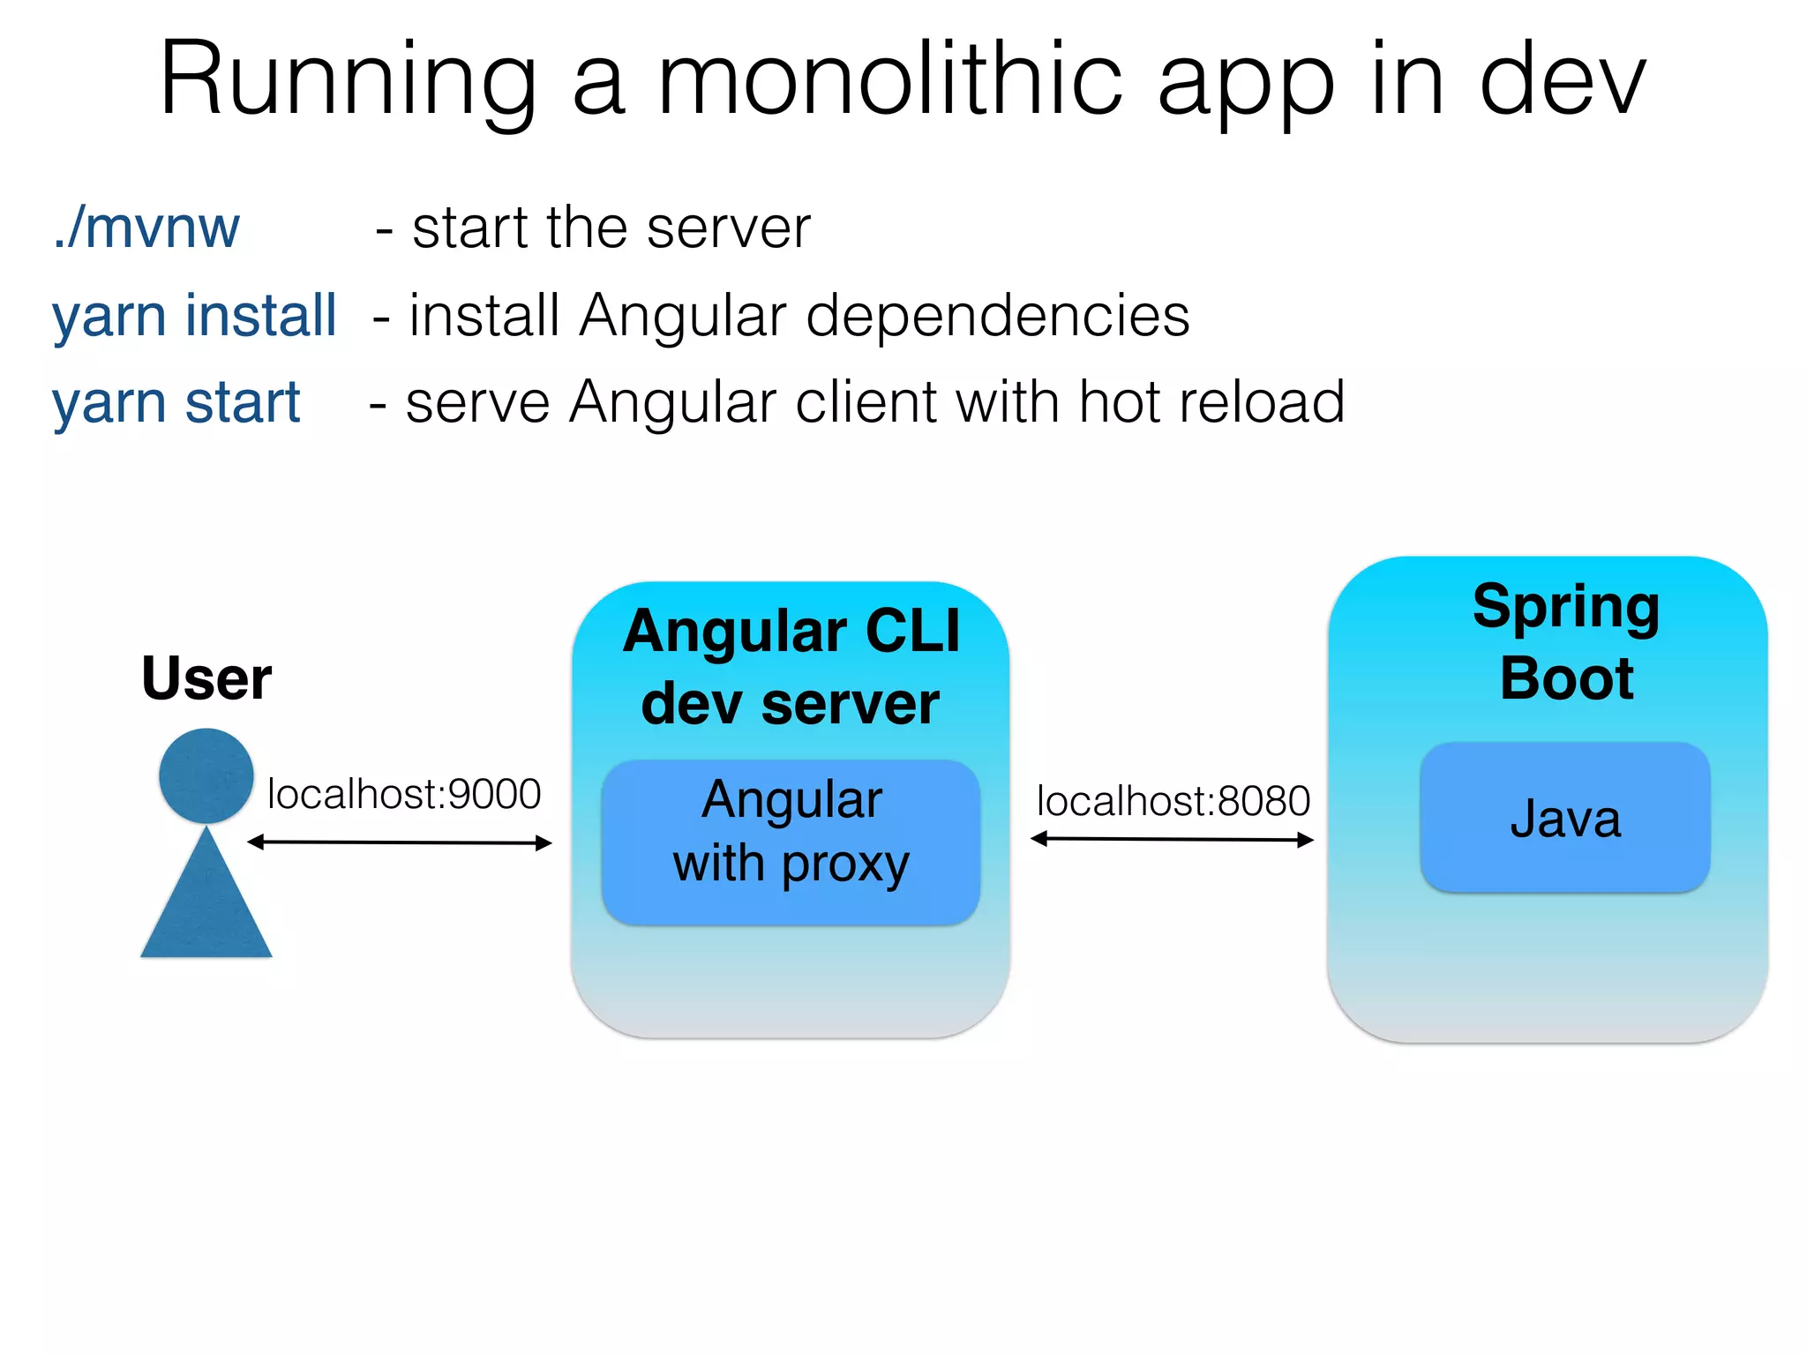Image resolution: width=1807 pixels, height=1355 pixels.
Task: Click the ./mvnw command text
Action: [x=146, y=228]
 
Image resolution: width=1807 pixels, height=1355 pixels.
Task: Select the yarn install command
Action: [x=194, y=316]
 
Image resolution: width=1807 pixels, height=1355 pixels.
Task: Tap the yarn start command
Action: [x=176, y=402]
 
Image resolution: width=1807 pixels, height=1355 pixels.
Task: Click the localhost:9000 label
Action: [x=404, y=794]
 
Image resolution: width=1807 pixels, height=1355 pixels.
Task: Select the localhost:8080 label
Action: [x=1173, y=801]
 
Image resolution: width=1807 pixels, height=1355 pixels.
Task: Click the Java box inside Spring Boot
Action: [x=1564, y=818]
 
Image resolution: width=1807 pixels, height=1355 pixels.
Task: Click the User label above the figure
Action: [x=206, y=678]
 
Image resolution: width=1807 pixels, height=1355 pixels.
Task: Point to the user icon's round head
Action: [x=206, y=775]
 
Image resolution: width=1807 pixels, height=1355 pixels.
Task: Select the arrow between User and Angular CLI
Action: [x=399, y=842]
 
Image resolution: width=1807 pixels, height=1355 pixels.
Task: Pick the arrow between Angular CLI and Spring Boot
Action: [x=1172, y=839]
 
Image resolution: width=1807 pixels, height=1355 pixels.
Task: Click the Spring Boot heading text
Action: [x=1566, y=642]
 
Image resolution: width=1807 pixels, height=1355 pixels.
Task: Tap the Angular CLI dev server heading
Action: [x=791, y=667]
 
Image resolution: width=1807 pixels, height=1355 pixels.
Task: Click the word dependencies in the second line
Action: [x=997, y=316]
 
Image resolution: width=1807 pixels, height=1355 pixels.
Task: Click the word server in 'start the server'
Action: [x=728, y=228]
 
